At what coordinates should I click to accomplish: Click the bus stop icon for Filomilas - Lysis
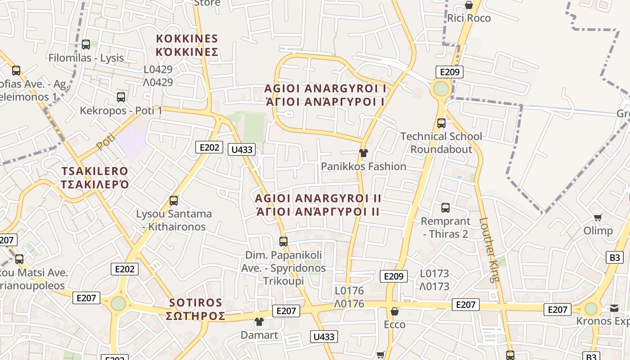(x=86, y=45)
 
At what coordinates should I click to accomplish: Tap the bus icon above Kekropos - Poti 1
(x=121, y=97)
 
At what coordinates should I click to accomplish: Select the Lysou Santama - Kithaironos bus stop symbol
(x=174, y=201)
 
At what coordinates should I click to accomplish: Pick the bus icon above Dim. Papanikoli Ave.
(x=283, y=242)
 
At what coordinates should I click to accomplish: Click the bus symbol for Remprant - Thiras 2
(x=445, y=208)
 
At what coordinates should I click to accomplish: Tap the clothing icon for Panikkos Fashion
(x=364, y=153)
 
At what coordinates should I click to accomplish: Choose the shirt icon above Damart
(x=259, y=322)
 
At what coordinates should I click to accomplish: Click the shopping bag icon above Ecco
(x=395, y=311)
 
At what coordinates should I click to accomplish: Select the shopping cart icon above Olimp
(x=598, y=218)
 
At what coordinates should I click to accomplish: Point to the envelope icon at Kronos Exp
(x=614, y=309)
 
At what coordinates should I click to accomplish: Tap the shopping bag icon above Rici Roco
(x=469, y=5)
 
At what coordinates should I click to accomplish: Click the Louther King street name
(x=490, y=250)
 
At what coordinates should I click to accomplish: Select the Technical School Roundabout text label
(x=441, y=143)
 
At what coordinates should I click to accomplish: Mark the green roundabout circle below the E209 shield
(x=441, y=88)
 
